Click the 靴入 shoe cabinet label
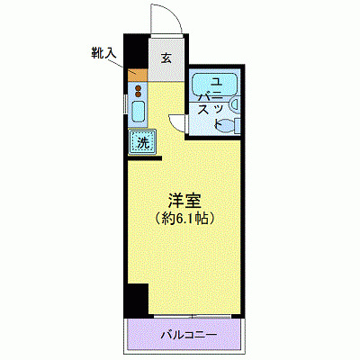pyautogui.click(x=104, y=52)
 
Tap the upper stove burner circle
pyautogui.click(x=139, y=87)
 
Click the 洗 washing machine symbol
pyautogui.click(x=143, y=142)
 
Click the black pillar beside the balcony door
pyautogui.click(x=136, y=298)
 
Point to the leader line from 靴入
pyautogui.click(x=123, y=64)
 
